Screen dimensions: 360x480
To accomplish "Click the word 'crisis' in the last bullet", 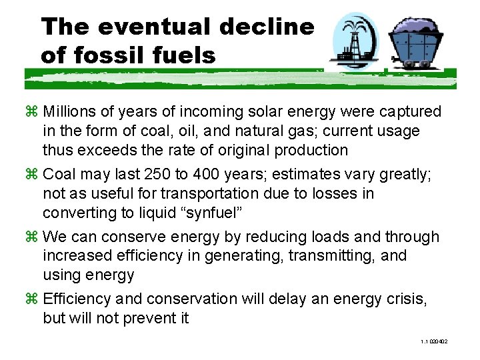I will click(x=405, y=299).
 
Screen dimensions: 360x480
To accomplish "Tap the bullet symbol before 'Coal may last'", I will click(x=31, y=175).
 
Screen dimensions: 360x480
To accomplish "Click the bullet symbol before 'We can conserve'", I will click(x=31, y=237).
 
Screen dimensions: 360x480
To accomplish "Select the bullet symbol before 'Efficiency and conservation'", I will click(x=31, y=299).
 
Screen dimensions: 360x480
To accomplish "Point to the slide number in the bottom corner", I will click(x=434, y=342).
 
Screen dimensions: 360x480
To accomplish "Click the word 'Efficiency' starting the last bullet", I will click(x=74, y=299).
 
